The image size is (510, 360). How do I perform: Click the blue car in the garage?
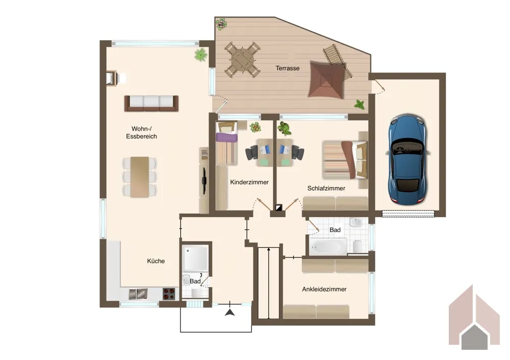pos(408,160)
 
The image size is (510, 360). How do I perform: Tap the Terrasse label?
pos(288,68)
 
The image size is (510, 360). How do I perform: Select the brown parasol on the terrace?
pos(326,80)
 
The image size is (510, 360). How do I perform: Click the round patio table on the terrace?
pos(242,60)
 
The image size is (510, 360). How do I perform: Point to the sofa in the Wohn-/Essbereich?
pos(151,104)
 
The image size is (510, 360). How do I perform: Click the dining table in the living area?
pos(140,177)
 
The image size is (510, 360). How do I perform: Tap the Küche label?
pos(156,261)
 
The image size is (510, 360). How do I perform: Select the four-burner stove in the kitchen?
pos(169,294)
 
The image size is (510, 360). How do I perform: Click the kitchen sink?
pos(138,294)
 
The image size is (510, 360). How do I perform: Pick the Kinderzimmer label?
pos(249,182)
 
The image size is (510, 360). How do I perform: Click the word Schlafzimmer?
pos(326,188)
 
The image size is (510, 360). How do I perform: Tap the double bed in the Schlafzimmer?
pos(345,160)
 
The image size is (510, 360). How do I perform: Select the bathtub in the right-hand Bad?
pos(328,247)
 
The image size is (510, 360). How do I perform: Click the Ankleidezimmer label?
pos(324,289)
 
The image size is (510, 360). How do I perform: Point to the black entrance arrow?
pos(230,313)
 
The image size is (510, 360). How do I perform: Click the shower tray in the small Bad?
pos(195,258)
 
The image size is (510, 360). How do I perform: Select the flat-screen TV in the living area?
pos(205,181)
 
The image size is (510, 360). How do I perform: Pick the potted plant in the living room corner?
pos(200,55)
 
